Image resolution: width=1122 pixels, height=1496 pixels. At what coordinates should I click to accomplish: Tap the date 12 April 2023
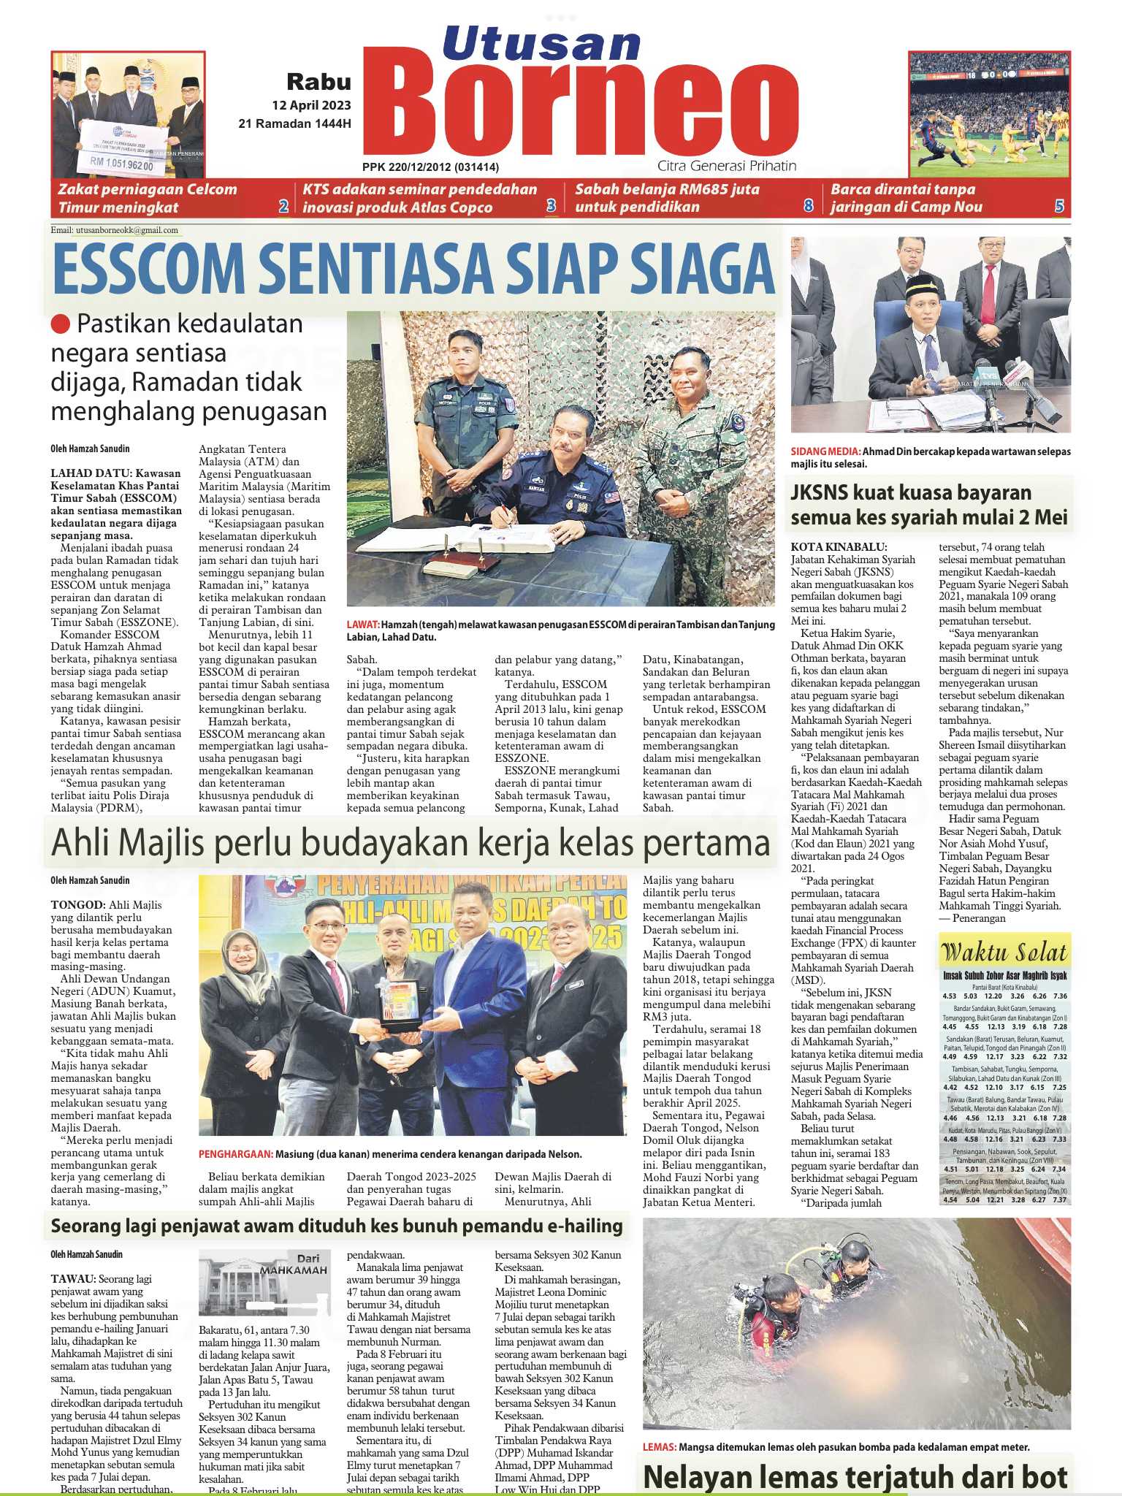click(x=311, y=105)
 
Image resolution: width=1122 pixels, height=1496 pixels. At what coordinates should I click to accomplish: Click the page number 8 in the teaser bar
click(x=808, y=207)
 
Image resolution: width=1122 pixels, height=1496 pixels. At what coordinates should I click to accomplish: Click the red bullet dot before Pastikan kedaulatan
click(x=61, y=324)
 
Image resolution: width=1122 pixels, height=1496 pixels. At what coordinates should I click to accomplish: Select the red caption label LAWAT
click(x=363, y=625)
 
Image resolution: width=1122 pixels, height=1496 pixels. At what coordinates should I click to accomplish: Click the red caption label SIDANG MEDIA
click(x=815, y=451)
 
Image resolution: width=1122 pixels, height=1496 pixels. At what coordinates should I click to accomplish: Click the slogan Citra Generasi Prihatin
click(x=726, y=166)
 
